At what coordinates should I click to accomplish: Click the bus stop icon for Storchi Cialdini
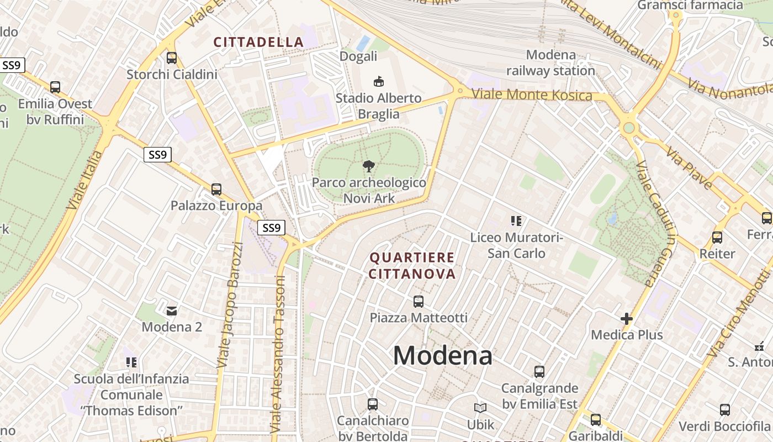(x=172, y=57)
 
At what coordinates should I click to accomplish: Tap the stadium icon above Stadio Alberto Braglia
(x=378, y=82)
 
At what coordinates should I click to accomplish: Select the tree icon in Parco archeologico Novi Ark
(x=368, y=166)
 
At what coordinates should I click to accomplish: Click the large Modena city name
(x=442, y=355)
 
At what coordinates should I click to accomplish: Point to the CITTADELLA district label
(x=258, y=42)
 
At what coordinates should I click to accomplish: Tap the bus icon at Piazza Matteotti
(x=419, y=302)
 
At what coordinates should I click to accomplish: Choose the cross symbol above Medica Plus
(x=626, y=319)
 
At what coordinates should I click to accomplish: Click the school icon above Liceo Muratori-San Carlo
(x=516, y=221)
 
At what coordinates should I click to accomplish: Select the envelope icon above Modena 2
(x=172, y=311)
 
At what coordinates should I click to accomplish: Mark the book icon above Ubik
(x=480, y=408)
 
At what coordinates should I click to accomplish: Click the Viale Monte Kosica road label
(x=532, y=94)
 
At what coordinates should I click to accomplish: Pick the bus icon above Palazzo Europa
(x=216, y=190)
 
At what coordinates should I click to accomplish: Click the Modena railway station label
(x=550, y=62)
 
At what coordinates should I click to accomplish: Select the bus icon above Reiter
(x=717, y=238)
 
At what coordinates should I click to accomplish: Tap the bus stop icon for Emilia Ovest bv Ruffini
(x=55, y=87)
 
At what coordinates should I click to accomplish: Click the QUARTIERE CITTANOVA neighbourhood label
(x=412, y=265)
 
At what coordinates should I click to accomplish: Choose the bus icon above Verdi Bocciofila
(x=724, y=410)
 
